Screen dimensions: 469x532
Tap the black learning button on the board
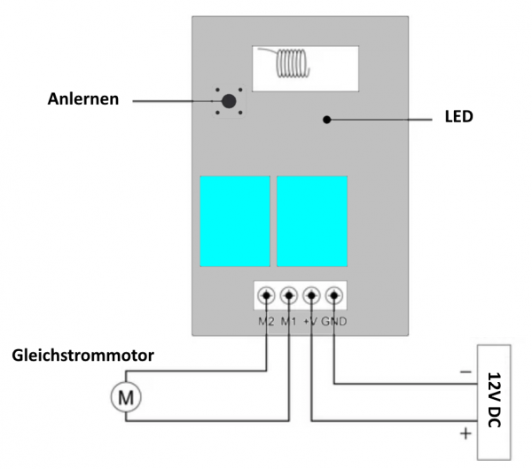tap(229, 102)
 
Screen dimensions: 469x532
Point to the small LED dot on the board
tap(327, 118)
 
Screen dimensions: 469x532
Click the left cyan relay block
tap(234, 221)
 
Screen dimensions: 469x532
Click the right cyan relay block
tap(312, 221)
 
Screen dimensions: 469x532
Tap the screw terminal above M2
tap(266, 295)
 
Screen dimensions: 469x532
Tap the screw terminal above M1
tap(289, 295)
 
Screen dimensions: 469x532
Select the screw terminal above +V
tap(312, 295)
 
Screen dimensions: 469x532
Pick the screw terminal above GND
tap(334, 295)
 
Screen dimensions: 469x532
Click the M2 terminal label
tap(265, 319)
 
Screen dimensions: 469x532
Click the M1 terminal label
tap(289, 319)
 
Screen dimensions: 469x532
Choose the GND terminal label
tap(335, 319)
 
